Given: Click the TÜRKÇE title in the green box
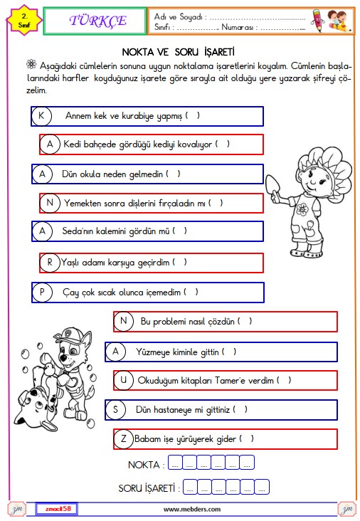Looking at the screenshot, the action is click(98, 21).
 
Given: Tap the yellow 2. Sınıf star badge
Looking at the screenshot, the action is click(24, 21).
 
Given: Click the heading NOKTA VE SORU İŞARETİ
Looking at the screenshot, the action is click(179, 52).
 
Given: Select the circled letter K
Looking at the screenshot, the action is click(41, 116).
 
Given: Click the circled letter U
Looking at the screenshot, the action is click(123, 380).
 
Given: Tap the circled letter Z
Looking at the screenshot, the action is click(123, 439).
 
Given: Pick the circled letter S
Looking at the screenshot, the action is click(115, 409).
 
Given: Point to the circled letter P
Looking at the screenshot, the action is click(42, 292).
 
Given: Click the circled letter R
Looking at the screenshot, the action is click(50, 263).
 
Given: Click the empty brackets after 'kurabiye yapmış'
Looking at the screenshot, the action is click(193, 115).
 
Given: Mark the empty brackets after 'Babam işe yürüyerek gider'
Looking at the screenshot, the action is click(247, 438).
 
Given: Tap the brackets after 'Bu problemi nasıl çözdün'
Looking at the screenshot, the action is click(245, 321).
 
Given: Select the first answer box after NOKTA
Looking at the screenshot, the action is click(175, 462).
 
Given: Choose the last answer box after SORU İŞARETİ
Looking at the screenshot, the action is click(262, 486).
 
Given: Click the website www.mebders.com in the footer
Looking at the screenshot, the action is click(192, 509).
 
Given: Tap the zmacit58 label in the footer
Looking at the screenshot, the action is click(58, 509).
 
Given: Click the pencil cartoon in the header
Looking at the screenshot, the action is click(318, 20).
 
